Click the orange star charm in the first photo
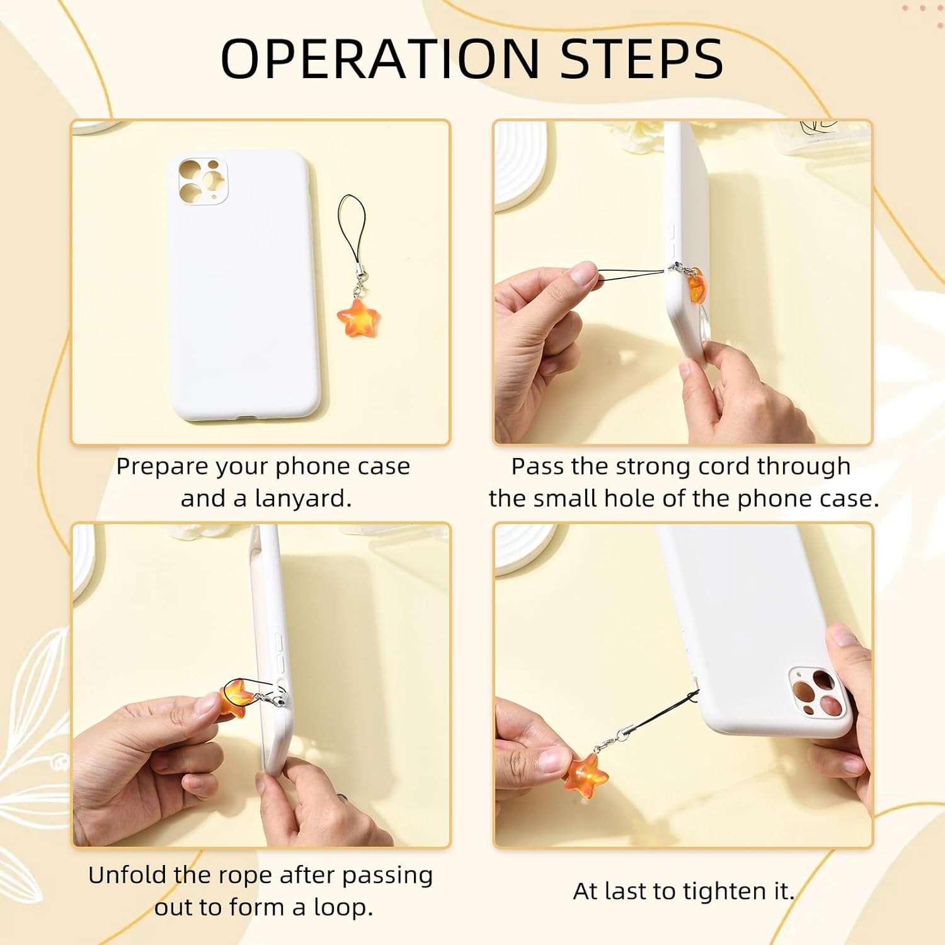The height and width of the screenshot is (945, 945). [x=357, y=318]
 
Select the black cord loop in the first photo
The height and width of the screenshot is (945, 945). [x=352, y=227]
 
